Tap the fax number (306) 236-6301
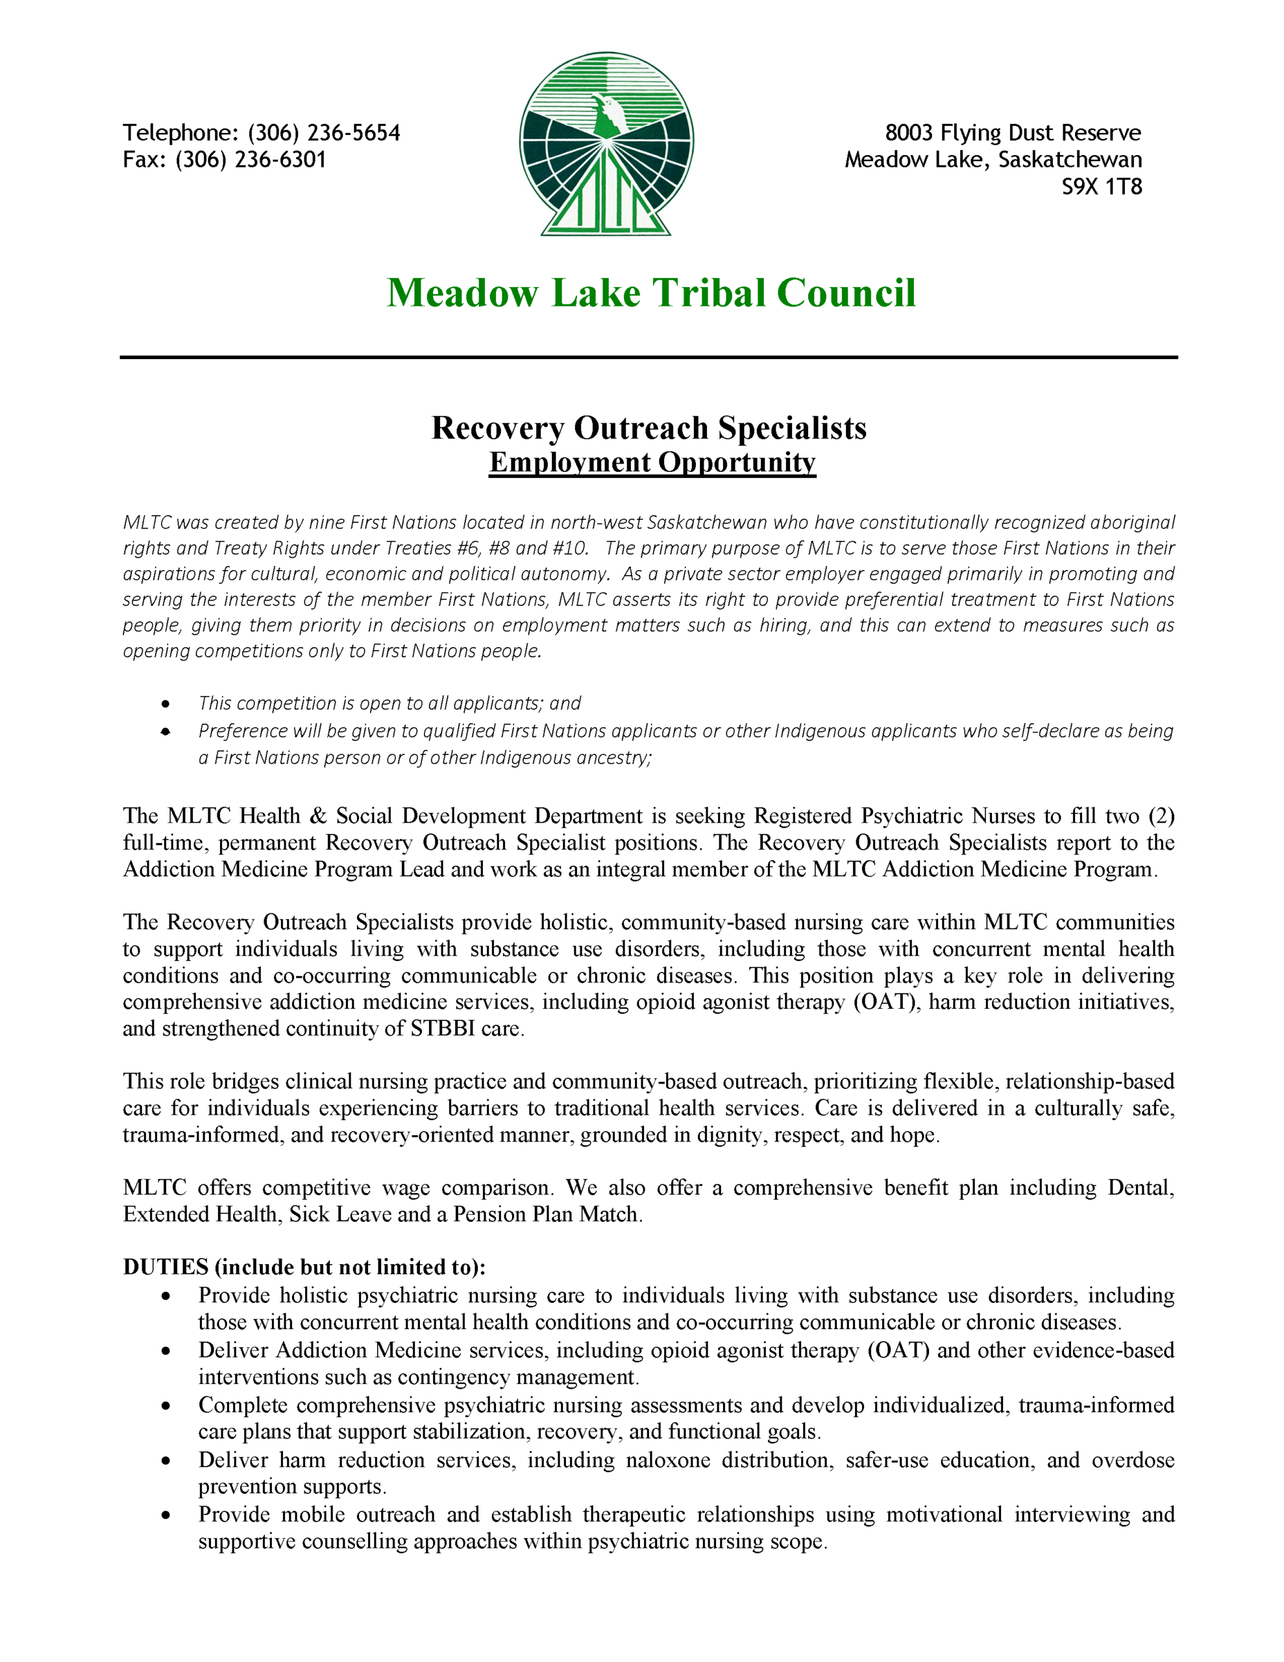(x=251, y=160)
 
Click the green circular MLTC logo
(x=606, y=143)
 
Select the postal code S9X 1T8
(x=1102, y=187)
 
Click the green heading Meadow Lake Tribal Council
(x=650, y=293)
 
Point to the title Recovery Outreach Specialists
(x=648, y=428)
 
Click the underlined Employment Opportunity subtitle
(x=652, y=463)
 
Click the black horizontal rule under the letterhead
(x=648, y=357)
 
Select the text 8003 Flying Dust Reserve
(x=1012, y=133)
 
